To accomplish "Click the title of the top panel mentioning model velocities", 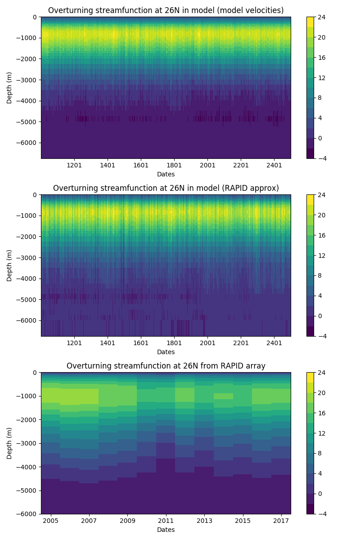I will coord(166,10).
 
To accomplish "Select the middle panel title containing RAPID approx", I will coord(166,188).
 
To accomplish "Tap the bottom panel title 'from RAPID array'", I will coord(166,366).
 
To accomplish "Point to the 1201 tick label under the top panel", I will coord(74,165).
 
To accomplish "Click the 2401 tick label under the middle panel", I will coord(274,343).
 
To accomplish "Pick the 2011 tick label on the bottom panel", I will coord(166,521).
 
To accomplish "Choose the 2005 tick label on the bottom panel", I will coord(51,521).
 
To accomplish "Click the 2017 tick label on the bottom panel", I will coord(281,521).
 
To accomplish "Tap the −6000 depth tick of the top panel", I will coord(28,143).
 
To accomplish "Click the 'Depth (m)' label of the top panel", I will coord(9,88).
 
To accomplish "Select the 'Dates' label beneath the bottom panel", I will coord(166,530).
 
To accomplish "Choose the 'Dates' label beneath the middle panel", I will coord(166,352).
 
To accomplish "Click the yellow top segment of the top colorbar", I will coord(310,22).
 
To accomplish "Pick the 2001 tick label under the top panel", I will coord(207,165).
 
